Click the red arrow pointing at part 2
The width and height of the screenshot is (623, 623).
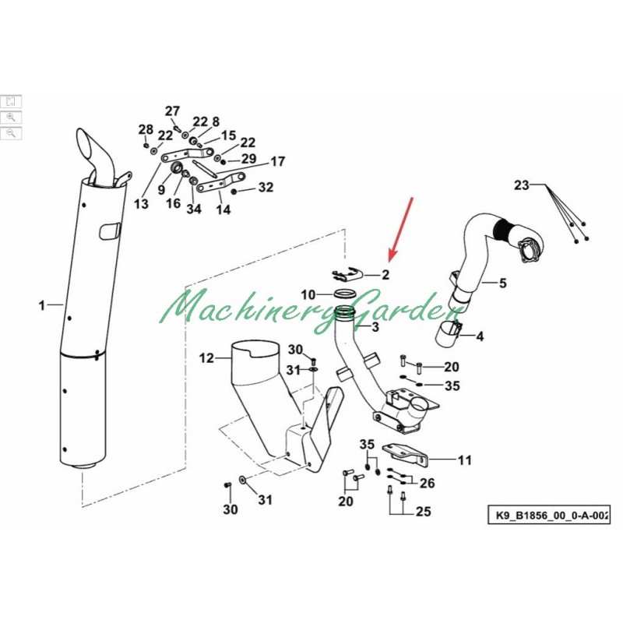[401, 230]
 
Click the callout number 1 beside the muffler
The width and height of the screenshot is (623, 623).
[42, 305]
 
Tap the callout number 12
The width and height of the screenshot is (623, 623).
[206, 358]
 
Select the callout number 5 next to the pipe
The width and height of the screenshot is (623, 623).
[502, 283]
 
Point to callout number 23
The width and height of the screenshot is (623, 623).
[522, 185]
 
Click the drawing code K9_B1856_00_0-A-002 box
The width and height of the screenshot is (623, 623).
[549, 516]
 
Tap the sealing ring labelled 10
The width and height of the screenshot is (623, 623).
[343, 294]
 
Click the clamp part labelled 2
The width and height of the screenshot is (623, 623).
[347, 273]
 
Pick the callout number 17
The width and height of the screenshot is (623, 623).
[278, 162]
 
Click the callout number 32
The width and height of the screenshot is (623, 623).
[266, 187]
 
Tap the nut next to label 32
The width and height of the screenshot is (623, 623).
[234, 192]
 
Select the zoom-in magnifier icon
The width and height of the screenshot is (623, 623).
[11, 118]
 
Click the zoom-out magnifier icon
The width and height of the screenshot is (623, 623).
[11, 133]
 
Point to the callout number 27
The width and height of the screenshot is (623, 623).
[172, 111]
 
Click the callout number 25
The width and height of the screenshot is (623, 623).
[423, 512]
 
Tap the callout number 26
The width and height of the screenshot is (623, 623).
[427, 483]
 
